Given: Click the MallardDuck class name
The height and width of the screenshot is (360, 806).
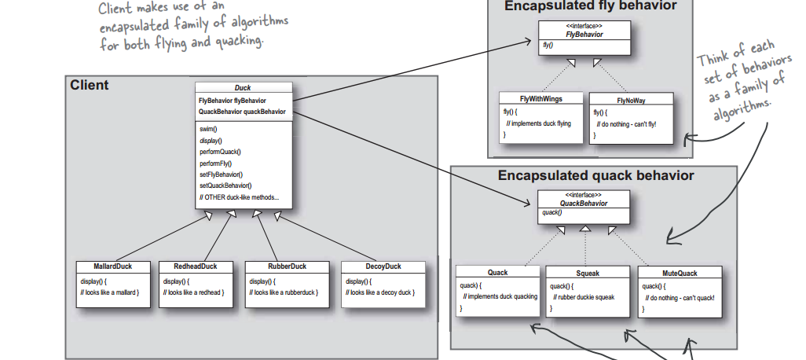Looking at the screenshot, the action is (112, 266).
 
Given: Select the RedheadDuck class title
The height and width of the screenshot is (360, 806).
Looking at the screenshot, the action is (196, 266).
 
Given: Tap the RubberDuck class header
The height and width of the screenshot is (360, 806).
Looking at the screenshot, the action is (287, 266).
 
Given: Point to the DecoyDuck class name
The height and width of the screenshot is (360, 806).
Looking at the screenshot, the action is (383, 266).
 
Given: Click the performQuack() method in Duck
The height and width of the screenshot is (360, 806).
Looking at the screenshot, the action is (220, 152).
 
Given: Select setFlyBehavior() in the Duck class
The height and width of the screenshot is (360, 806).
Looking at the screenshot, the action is (221, 174).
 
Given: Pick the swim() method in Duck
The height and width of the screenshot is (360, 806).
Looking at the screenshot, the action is (208, 129).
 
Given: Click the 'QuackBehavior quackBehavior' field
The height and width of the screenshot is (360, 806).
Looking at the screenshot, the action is (242, 112).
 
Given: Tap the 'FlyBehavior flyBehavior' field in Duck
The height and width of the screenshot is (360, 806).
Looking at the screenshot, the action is (233, 101).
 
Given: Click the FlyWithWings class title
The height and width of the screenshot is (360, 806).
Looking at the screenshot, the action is (540, 99).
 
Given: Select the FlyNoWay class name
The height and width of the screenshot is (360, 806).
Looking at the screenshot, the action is (631, 101).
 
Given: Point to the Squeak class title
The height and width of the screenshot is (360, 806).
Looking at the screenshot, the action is (588, 274).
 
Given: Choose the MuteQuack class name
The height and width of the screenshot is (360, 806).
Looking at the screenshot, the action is (680, 274).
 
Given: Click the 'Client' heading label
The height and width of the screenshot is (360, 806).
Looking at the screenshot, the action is (89, 86).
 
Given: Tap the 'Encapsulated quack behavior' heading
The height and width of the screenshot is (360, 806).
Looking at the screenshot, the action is (595, 175).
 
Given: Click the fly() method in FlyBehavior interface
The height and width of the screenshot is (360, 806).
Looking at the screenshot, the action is (548, 46).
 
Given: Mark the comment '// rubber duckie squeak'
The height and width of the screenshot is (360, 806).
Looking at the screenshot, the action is (584, 297).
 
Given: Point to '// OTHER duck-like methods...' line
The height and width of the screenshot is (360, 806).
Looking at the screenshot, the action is (239, 197).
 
